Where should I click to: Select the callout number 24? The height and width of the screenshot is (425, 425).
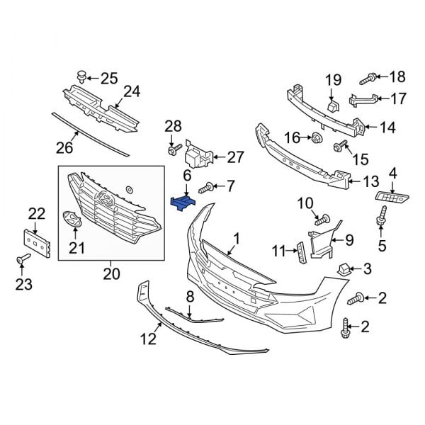click(132, 91)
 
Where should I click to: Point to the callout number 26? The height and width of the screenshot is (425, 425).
click(64, 148)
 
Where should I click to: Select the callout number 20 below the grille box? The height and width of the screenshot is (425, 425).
click(112, 273)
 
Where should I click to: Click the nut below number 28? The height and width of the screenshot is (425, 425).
click(172, 149)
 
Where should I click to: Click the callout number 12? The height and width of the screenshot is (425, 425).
click(147, 339)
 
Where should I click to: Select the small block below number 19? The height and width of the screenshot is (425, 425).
click(333, 106)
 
